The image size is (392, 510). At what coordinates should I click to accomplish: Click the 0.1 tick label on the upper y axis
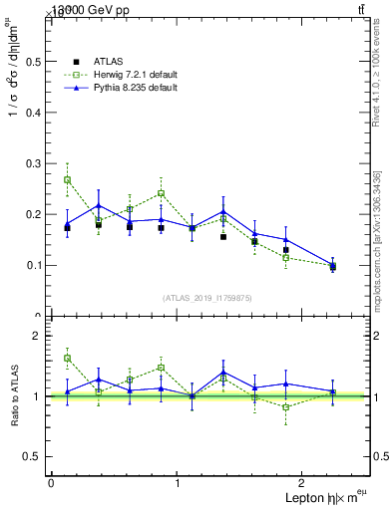coord(33,265)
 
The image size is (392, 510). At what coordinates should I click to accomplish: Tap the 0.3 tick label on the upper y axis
coord(33,163)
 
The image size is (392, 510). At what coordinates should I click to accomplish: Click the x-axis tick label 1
coord(178,482)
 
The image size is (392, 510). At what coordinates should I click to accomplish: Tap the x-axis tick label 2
coord(304,482)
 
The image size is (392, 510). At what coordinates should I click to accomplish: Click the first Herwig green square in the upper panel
coord(67,180)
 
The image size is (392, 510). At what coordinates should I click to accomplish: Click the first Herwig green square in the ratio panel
coord(67,358)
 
